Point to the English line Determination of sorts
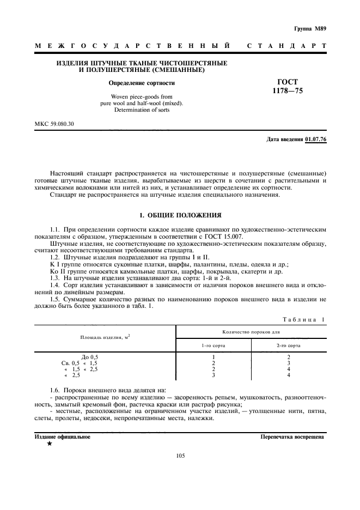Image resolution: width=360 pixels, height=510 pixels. point(142,110)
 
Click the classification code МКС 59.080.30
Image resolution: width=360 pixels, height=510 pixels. point(54,124)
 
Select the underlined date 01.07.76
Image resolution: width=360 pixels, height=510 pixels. point(316,139)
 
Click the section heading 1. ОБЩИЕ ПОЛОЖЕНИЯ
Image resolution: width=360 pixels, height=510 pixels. point(180,215)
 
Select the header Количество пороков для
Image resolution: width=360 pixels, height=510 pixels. point(251,332)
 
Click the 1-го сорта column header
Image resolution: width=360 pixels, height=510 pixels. point(213,345)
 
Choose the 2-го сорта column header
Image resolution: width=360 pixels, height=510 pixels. point(288,345)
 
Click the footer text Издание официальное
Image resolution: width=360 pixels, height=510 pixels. point(63,436)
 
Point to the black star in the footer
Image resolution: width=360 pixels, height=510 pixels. point(50,444)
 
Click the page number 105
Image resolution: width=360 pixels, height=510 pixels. point(181,457)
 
